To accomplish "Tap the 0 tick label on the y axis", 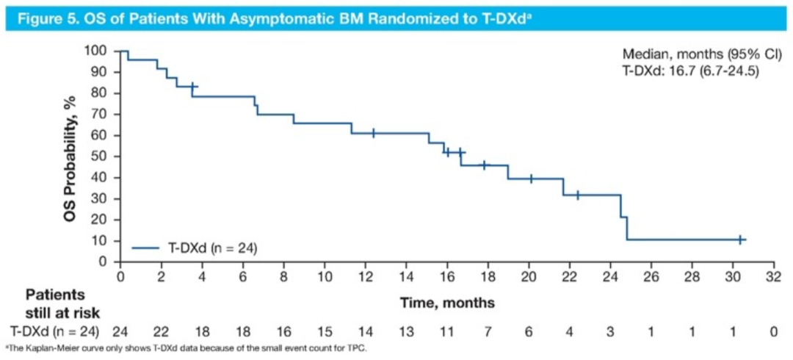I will click(x=104, y=262).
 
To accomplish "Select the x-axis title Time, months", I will click(x=447, y=302).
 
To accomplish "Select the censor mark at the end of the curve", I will click(x=740, y=240).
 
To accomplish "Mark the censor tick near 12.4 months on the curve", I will click(x=373, y=133).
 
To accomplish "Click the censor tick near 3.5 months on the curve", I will click(x=192, y=87).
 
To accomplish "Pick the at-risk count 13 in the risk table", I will click(x=405, y=332).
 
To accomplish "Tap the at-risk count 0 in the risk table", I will click(x=772, y=332).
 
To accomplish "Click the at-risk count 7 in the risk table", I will click(x=487, y=332).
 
